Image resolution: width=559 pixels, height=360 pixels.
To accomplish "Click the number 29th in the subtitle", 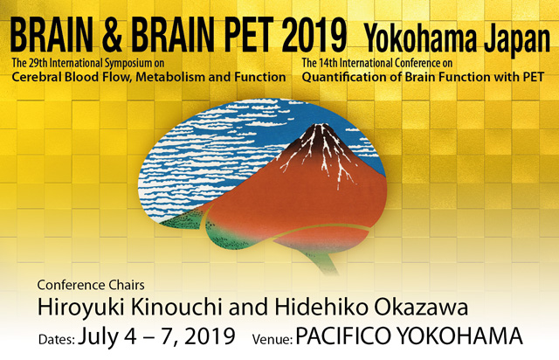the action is point(37,63).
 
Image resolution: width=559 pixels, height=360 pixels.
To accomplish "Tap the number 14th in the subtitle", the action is point(328,63).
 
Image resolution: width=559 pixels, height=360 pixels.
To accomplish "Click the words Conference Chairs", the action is point(91,285).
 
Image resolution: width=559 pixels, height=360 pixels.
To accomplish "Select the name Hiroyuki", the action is point(80,308).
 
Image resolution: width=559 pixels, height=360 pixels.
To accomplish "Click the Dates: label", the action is point(57,339).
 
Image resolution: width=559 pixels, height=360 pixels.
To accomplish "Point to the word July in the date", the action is point(98,337).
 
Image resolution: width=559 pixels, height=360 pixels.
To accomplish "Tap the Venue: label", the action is point(272,339).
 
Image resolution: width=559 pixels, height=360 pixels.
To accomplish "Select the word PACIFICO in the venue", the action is point(343,336).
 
